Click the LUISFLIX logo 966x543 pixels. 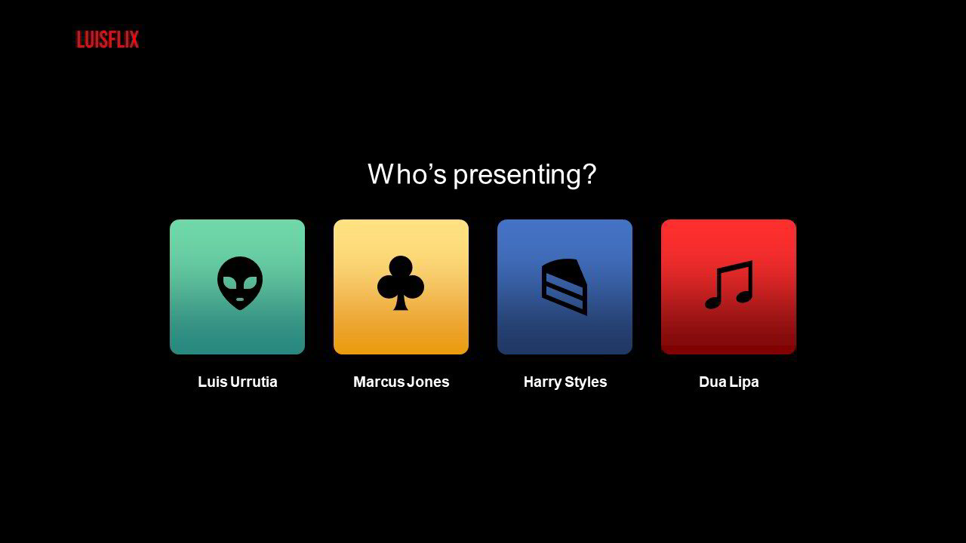pos(107,39)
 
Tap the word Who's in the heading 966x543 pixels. pos(407,173)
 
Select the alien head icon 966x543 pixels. pos(240,283)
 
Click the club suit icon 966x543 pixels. pos(401,283)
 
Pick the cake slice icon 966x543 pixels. pos(565,287)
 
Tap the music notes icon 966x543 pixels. pos(729,284)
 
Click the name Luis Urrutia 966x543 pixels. pos(238,382)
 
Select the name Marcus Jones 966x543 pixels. pos(401,382)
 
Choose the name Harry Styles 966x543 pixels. pos(565,382)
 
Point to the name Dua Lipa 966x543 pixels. pos(729,382)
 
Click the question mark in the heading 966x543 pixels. pos(589,173)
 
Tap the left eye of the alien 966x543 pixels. pos(229,283)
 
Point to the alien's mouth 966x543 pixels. pos(240,299)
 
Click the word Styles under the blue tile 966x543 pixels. pos(586,382)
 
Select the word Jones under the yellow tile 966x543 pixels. pos(428,382)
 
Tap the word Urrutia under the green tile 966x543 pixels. pos(254,382)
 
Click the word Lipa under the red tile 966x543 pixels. pos(744,382)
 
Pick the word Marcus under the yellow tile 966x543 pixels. pos(379,382)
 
